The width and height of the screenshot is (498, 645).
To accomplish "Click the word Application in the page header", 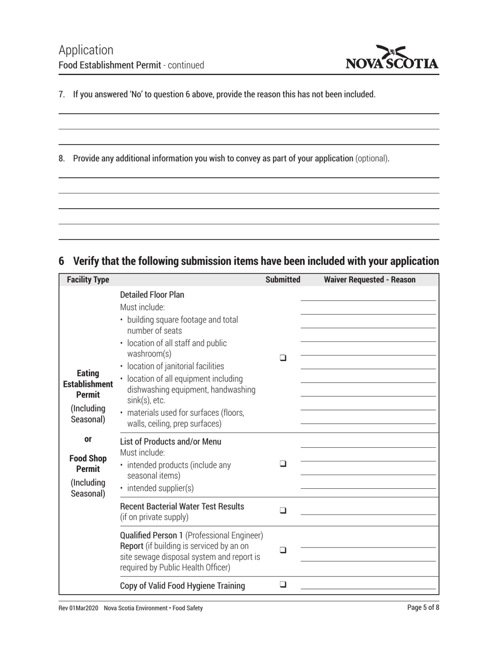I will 86,50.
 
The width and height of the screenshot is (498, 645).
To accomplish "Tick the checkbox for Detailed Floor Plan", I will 283,358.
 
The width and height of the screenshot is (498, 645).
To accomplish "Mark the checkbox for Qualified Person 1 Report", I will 283,550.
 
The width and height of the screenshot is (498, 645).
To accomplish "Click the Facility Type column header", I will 88,280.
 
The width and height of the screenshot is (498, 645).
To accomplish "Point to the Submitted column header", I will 283,280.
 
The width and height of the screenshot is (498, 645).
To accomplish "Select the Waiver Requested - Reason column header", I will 370,280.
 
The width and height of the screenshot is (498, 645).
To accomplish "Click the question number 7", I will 61,95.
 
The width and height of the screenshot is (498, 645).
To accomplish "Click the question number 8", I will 61,158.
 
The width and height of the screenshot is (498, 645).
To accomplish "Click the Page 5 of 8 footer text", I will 423,608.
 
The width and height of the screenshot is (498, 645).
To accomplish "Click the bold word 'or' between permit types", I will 88,439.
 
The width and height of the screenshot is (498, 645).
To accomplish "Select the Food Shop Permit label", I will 88,463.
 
